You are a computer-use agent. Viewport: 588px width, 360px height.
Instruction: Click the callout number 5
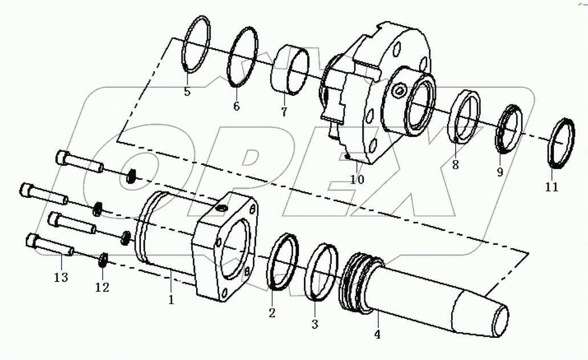click(187, 91)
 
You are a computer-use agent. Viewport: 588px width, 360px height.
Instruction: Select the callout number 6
click(236, 106)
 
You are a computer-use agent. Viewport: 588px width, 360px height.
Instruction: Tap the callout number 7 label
click(284, 112)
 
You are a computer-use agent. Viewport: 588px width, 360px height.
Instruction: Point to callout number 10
click(358, 179)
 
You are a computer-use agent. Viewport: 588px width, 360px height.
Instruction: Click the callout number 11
click(551, 187)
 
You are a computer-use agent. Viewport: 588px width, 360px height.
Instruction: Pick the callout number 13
click(61, 277)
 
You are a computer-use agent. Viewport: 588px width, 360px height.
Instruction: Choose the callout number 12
click(102, 288)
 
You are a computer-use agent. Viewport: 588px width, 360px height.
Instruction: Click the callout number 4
click(377, 334)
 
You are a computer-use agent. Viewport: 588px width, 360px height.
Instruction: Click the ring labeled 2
click(283, 260)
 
